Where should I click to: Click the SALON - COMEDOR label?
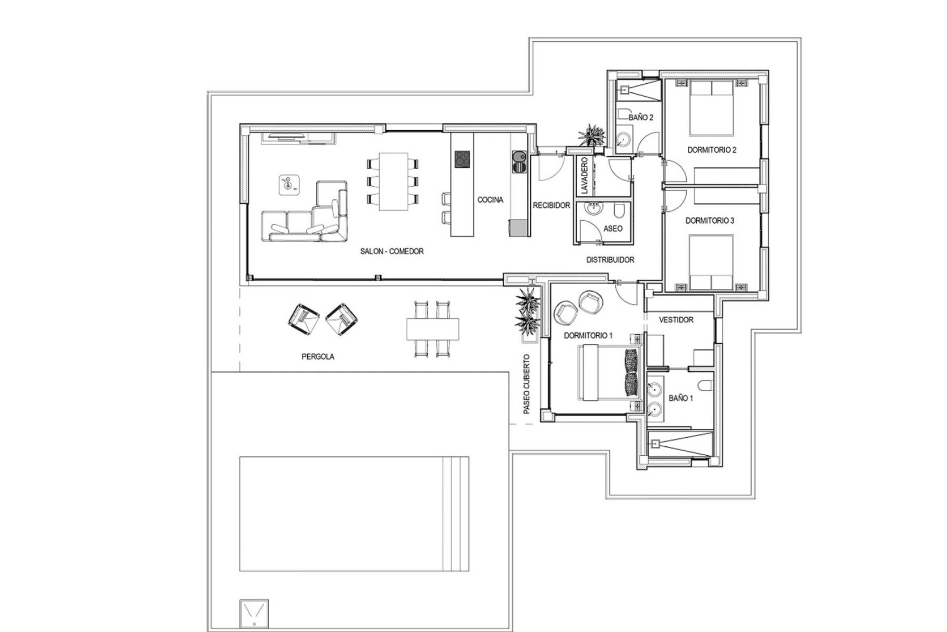click(x=392, y=251)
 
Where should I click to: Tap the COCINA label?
click(x=490, y=200)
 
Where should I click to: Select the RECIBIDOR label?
click(x=551, y=205)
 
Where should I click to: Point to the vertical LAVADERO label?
click(x=585, y=176)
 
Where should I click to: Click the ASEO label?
click(x=613, y=229)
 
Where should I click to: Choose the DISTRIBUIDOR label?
click(x=610, y=260)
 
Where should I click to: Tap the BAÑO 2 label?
click(x=641, y=118)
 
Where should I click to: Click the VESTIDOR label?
click(x=676, y=320)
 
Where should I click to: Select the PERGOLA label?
click(x=317, y=356)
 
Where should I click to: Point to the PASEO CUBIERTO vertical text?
click(x=526, y=384)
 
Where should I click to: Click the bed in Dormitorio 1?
click(x=610, y=373)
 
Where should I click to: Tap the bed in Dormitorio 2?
click(x=711, y=108)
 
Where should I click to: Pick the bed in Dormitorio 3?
click(x=711, y=262)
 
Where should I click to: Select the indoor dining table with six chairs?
click(x=394, y=181)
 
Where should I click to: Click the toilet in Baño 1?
click(x=705, y=385)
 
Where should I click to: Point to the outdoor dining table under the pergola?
click(x=433, y=328)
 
